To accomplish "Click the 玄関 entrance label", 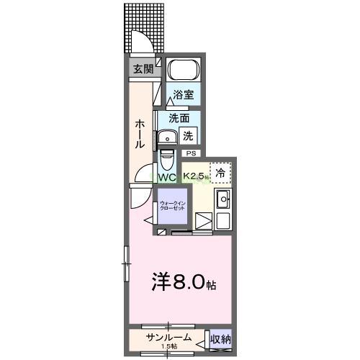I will pyautogui.click(x=143, y=69).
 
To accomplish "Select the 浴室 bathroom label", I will pyautogui.click(x=183, y=94).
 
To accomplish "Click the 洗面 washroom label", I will pyautogui.click(x=179, y=118).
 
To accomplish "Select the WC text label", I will pyautogui.click(x=167, y=177).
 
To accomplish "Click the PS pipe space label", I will pyautogui.click(x=191, y=153).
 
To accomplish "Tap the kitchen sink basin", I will pyautogui.click(x=222, y=200).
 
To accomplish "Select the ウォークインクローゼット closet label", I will pyautogui.click(x=173, y=207).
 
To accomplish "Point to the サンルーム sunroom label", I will pyautogui.click(x=168, y=337).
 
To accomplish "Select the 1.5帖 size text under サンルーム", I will pyautogui.click(x=168, y=347).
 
